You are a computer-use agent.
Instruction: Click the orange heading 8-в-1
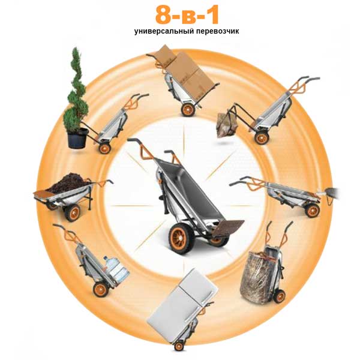coord(187,15)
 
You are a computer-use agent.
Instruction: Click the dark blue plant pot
coord(77,139)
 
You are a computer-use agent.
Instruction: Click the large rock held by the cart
coord(227,125)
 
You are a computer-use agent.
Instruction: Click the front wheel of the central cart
coord(179,239)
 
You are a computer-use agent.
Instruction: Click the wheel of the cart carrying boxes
coord(188,110)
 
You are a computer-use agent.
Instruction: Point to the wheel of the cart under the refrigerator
coord(179,346)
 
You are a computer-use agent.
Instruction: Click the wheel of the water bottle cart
coord(101,290)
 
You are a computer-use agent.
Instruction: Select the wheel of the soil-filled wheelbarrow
coord(73,212)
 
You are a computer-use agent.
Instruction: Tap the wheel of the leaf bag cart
coord(280,296)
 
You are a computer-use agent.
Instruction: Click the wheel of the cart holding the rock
coord(262,137)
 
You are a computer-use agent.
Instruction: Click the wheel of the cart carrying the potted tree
coord(105,148)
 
